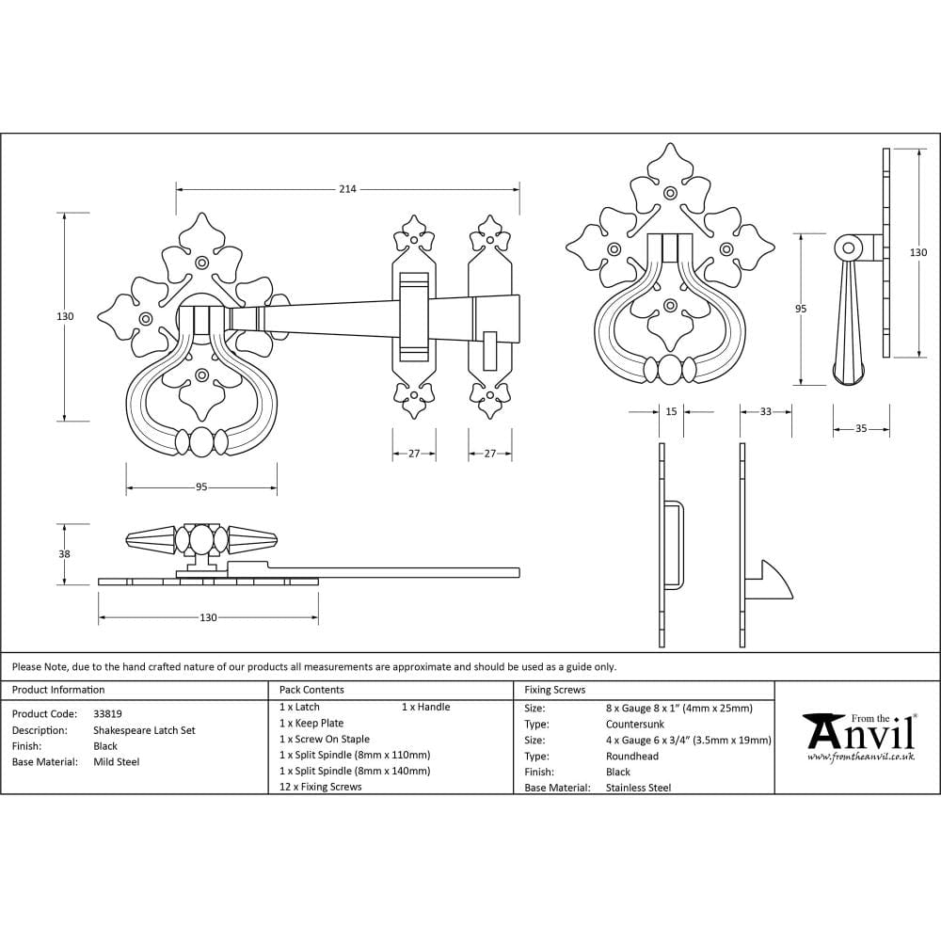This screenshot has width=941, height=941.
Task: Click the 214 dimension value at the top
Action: coord(347,189)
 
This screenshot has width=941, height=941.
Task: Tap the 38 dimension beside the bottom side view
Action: coord(64,554)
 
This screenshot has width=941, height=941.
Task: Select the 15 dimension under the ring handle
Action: coord(671,411)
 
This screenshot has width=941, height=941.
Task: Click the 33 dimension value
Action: coord(765,411)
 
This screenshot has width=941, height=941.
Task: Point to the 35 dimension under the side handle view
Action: coord(861,429)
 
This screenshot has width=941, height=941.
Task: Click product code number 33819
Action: coord(107,714)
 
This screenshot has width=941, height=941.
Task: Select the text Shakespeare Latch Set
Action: coord(144,730)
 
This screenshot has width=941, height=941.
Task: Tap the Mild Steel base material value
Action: coord(116,762)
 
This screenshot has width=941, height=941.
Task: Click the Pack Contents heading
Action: coord(311,690)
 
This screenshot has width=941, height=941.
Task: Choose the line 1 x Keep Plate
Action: coord(311,723)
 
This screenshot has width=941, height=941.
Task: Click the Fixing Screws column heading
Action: coord(554,690)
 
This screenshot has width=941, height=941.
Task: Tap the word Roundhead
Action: coord(632,756)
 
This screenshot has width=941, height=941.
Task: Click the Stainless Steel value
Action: coord(638,788)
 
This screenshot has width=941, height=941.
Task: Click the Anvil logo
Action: coord(859,731)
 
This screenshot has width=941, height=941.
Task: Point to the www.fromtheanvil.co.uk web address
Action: coord(860,757)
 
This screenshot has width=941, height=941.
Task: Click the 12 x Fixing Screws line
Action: coord(320,787)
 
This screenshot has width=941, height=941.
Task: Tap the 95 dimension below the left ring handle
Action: coord(201,487)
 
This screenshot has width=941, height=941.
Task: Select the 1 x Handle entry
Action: coord(425,707)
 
